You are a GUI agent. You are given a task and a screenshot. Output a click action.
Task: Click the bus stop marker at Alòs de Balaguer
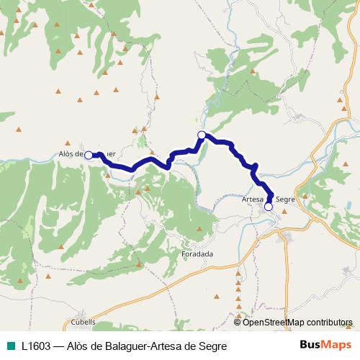point(89,155)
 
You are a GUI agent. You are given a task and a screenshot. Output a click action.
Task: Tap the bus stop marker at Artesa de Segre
point(269,207)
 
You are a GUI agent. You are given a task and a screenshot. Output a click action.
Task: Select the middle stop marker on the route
point(202,135)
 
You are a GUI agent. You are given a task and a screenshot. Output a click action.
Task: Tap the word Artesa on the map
point(253,199)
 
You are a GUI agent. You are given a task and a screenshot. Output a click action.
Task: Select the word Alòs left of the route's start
point(66,154)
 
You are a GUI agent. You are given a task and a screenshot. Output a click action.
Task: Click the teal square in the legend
point(10,346)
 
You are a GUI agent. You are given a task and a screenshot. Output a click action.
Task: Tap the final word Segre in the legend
point(212,346)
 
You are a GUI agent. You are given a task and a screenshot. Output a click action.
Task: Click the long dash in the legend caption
point(60,346)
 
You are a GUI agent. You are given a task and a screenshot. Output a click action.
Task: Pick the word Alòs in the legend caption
point(78,346)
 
